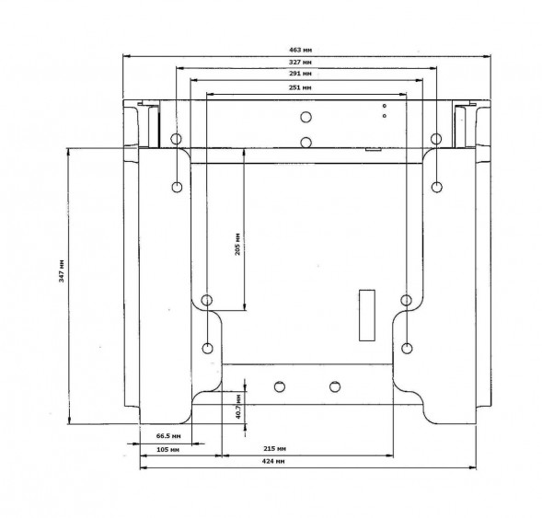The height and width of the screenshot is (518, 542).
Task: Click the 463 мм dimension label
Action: pyautogui.click(x=300, y=50)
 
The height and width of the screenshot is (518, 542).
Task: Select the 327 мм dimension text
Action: pyautogui.click(x=300, y=63)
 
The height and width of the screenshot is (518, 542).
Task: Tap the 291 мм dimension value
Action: pyautogui.click(x=300, y=74)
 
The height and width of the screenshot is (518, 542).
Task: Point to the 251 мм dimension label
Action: pyautogui.click(x=300, y=87)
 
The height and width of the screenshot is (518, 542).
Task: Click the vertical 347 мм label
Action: pyautogui.click(x=62, y=271)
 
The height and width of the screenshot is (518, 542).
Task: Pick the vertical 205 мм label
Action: pyautogui.click(x=237, y=244)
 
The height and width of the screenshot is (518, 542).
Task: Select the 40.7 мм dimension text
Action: pyautogui.click(x=238, y=406)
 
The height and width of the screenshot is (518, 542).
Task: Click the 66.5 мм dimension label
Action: pyautogui.click(x=168, y=436)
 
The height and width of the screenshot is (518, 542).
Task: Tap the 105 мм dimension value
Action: pyautogui.click(x=168, y=450)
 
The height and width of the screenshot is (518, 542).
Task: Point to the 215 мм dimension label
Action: pyautogui.click(x=275, y=449)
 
